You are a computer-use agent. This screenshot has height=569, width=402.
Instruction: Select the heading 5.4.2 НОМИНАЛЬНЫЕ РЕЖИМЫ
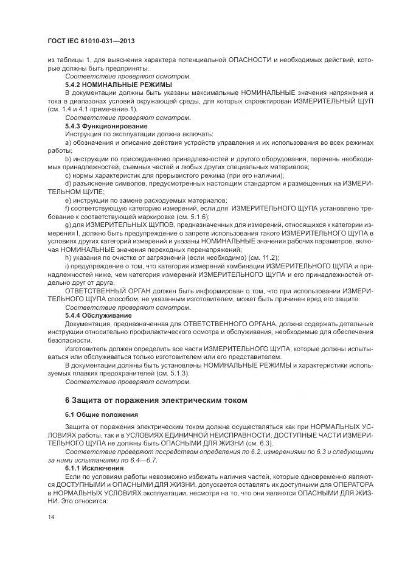118,84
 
